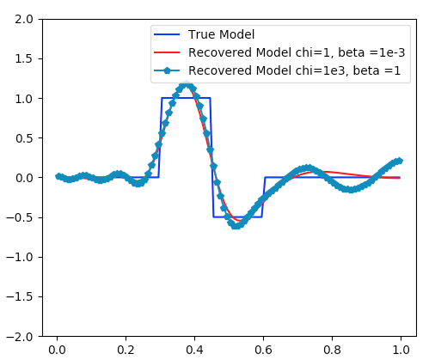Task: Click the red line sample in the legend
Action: pos(168,53)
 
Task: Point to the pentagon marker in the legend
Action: pos(168,72)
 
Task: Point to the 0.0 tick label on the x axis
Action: pos(57,351)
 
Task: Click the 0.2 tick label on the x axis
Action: pos(126,351)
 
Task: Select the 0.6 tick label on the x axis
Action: pos(263,351)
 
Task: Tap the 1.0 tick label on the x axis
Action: pos(401,351)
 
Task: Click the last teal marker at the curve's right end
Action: pos(400,161)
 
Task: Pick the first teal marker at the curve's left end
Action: pos(58,176)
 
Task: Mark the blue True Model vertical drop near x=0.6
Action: pos(263,198)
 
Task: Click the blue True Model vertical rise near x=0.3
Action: pos(161,137)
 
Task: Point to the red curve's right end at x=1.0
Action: pos(400,178)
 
